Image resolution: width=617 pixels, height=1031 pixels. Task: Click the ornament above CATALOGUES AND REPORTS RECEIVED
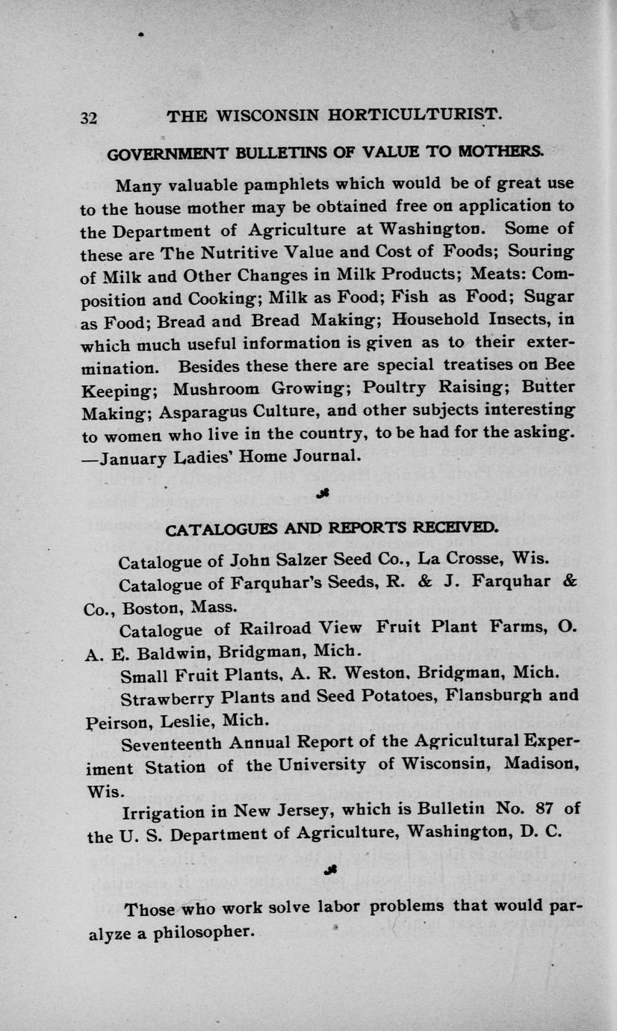[326, 492]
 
